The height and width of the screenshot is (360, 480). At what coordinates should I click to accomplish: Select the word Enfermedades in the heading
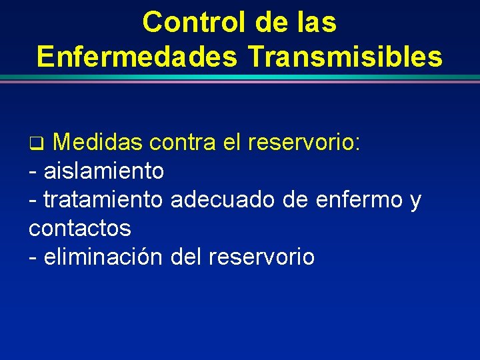pyautogui.click(x=137, y=57)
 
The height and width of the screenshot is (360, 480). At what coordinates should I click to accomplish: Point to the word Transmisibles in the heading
pyautogui.click(x=345, y=57)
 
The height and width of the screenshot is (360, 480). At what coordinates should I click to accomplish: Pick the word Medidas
pyautogui.click(x=97, y=142)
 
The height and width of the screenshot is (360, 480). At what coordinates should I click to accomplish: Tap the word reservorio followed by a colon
pyautogui.click(x=304, y=142)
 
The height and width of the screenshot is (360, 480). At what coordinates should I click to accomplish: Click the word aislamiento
pyautogui.click(x=103, y=171)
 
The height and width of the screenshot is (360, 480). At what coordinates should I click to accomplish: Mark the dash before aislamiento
pyautogui.click(x=33, y=172)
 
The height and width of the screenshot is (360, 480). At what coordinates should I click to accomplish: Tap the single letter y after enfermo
pyautogui.click(x=416, y=201)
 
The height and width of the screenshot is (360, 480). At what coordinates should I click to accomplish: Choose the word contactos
pyautogui.click(x=80, y=228)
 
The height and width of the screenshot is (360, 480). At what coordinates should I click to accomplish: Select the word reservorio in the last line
pyautogui.click(x=261, y=257)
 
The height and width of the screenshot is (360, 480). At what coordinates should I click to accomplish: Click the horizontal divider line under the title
pyautogui.click(x=240, y=79)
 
